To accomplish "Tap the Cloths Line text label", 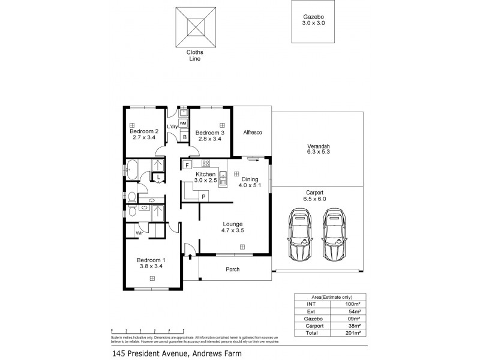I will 193,56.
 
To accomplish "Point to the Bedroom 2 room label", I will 144,134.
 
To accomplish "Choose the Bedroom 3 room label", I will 209,135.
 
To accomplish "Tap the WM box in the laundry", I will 183,122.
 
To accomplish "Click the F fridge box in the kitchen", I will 187,164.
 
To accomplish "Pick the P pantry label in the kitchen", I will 203,196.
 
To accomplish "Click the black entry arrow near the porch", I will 191,257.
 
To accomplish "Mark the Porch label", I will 232,269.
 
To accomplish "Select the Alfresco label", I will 251,132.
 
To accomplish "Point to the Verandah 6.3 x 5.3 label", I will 317,149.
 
